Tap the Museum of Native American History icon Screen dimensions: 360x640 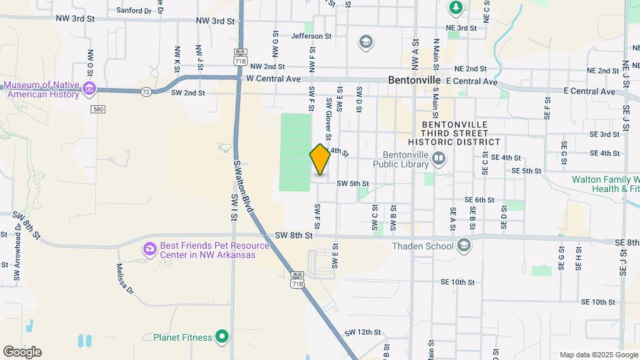[x=89, y=88]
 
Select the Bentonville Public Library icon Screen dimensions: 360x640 [x=439, y=158]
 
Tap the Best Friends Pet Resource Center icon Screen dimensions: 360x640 [x=149, y=249]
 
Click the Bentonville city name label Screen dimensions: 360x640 [x=414, y=79]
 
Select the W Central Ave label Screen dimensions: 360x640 [x=273, y=79]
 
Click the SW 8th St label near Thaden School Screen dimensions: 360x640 [x=294, y=235]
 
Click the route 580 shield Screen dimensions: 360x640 [x=99, y=109]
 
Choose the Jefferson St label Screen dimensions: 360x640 [x=311, y=36]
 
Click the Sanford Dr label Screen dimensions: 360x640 [x=134, y=11]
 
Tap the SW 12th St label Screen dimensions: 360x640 [x=363, y=332]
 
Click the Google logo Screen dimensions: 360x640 [x=22, y=352]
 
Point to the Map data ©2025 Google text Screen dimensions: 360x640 [x=599, y=355]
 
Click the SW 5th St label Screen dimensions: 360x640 [x=353, y=183]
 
